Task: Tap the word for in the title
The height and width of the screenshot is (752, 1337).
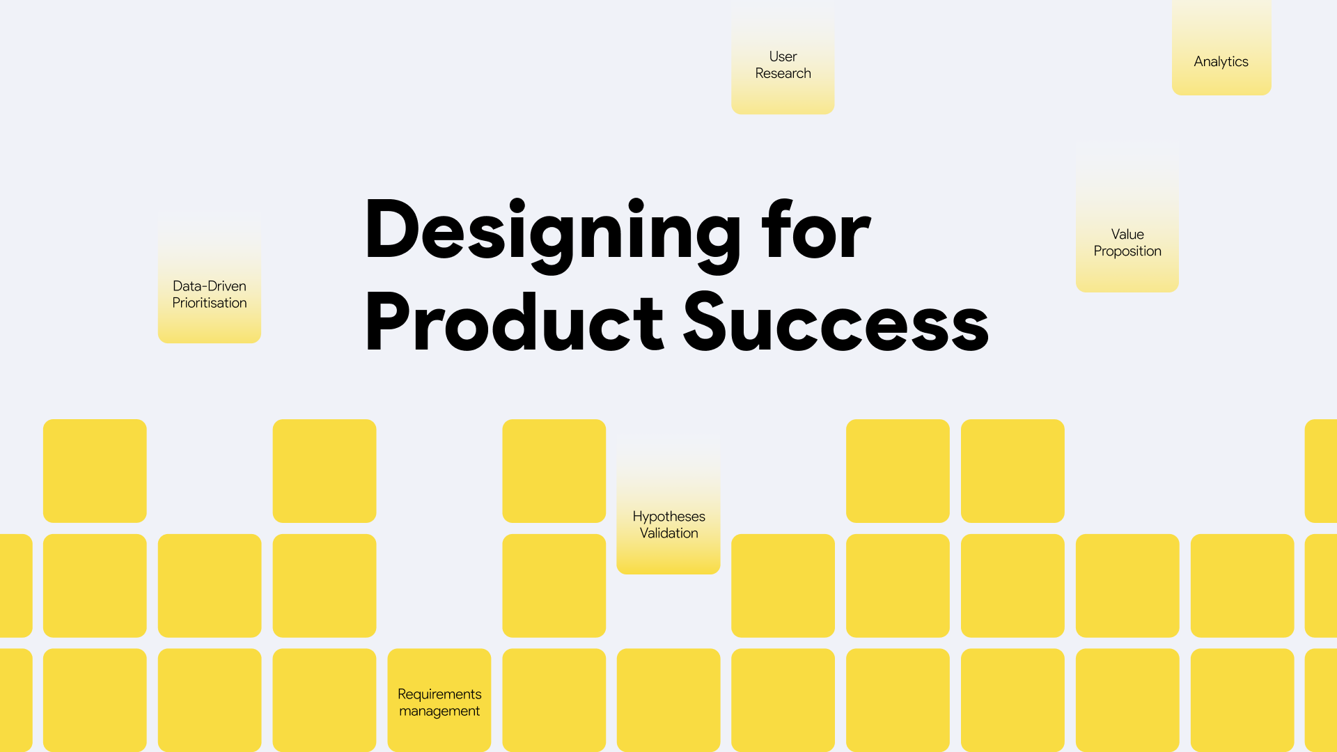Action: (x=815, y=230)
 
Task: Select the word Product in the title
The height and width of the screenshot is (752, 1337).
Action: (x=514, y=322)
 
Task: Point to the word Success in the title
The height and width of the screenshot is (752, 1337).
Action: (x=836, y=322)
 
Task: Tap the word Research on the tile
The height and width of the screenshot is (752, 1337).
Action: (x=783, y=73)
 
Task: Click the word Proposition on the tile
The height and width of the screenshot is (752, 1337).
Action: (x=1127, y=251)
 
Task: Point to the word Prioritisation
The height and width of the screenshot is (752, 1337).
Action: (x=210, y=303)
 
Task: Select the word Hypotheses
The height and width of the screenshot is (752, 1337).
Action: (x=668, y=517)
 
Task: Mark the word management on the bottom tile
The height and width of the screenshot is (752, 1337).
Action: (x=439, y=712)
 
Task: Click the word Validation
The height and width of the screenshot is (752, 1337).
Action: (x=668, y=533)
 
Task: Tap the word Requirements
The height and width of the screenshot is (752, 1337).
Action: (x=439, y=694)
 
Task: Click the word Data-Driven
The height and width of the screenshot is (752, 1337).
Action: (x=210, y=286)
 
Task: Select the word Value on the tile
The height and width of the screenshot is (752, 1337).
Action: (x=1127, y=235)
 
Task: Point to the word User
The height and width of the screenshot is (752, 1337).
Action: (x=783, y=56)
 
